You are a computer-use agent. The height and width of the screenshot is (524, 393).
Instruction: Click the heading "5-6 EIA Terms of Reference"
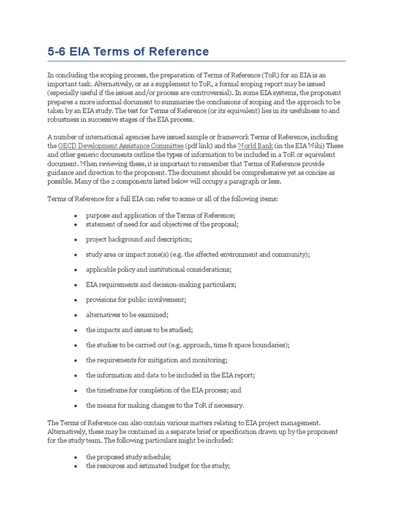tap(128, 52)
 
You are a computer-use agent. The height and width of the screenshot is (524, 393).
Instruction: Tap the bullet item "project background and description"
tap(139, 239)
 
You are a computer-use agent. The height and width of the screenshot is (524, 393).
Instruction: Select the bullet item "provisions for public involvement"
tap(136, 299)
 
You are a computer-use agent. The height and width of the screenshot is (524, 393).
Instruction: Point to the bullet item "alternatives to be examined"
tap(127, 315)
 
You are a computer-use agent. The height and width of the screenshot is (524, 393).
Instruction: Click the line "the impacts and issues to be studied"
tap(139, 330)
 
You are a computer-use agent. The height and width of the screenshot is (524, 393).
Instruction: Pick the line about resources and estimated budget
tap(158, 466)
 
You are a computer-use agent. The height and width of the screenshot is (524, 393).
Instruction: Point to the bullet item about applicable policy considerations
tap(159, 269)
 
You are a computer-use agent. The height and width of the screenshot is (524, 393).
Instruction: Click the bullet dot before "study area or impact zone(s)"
tap(76, 255)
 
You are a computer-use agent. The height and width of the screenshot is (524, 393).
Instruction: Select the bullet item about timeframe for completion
tap(163, 390)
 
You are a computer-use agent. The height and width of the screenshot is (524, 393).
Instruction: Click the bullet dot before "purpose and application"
tap(76, 216)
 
